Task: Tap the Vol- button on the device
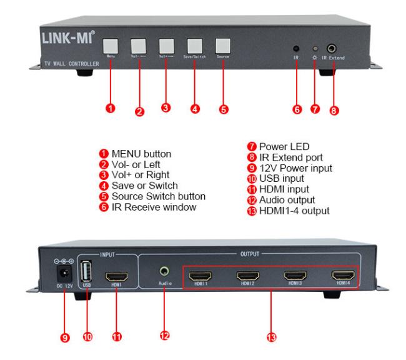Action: coord(138,46)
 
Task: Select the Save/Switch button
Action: coord(194,46)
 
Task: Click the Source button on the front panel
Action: coord(222,46)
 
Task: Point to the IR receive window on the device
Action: coord(295,49)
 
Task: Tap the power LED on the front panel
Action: coord(315,49)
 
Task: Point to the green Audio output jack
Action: coord(164,272)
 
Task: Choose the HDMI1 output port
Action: coord(201,276)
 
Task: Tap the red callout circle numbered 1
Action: coord(110,109)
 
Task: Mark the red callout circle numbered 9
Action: coord(65,337)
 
